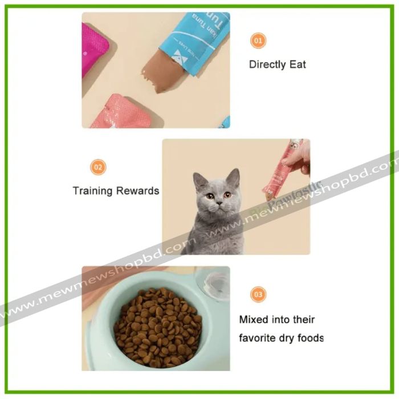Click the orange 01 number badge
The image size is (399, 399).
[258, 40]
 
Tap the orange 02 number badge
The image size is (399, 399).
[99, 167]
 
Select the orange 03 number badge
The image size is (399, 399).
[258, 295]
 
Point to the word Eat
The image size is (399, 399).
[298, 64]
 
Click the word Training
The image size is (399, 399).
[92, 191]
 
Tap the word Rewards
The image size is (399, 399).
[137, 191]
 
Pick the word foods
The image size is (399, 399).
[310, 337]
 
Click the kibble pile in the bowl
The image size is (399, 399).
[158, 328]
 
